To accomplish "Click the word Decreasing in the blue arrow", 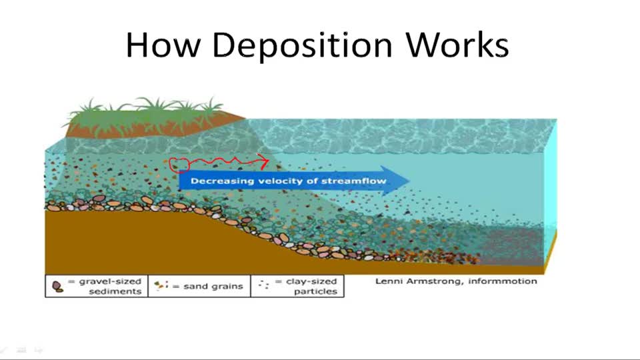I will coord(216,181).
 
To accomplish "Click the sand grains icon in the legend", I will coord(161,287).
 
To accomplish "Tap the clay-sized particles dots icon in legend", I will coord(264,285).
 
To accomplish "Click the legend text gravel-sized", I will coord(109,281).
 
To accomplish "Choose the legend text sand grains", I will coord(214,287).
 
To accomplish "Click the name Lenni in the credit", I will coord(388,281).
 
